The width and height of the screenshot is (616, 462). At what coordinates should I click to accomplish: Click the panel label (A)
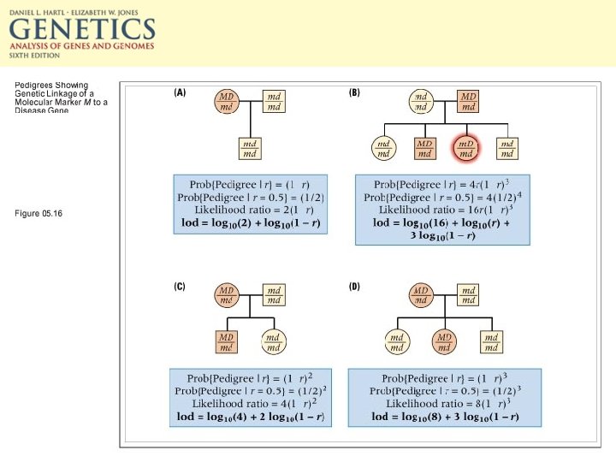click(x=180, y=93)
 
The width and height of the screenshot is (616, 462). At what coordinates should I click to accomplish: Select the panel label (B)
click(x=354, y=93)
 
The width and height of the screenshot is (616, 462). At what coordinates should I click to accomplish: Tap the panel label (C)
click(x=180, y=287)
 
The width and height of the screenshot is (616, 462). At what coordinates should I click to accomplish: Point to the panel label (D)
click(x=354, y=287)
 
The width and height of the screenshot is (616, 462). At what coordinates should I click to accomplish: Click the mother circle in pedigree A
click(x=227, y=102)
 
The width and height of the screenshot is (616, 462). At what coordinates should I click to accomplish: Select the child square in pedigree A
click(x=249, y=148)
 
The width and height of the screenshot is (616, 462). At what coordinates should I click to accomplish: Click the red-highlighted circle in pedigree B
click(x=466, y=148)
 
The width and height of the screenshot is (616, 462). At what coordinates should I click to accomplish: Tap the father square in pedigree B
click(x=468, y=102)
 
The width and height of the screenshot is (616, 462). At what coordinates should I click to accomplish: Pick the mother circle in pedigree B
click(x=421, y=102)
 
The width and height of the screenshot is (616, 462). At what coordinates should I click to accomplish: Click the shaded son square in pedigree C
click(x=226, y=342)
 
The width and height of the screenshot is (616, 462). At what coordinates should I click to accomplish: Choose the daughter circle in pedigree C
click(x=272, y=342)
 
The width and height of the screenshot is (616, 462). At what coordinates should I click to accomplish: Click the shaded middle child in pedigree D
click(x=444, y=342)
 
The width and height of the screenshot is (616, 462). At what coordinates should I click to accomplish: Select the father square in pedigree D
click(x=468, y=296)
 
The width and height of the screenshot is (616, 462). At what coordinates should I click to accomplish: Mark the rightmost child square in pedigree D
click(x=490, y=342)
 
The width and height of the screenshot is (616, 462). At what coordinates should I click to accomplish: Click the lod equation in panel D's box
click(x=445, y=417)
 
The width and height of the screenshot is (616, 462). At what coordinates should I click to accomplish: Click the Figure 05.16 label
click(x=38, y=213)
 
